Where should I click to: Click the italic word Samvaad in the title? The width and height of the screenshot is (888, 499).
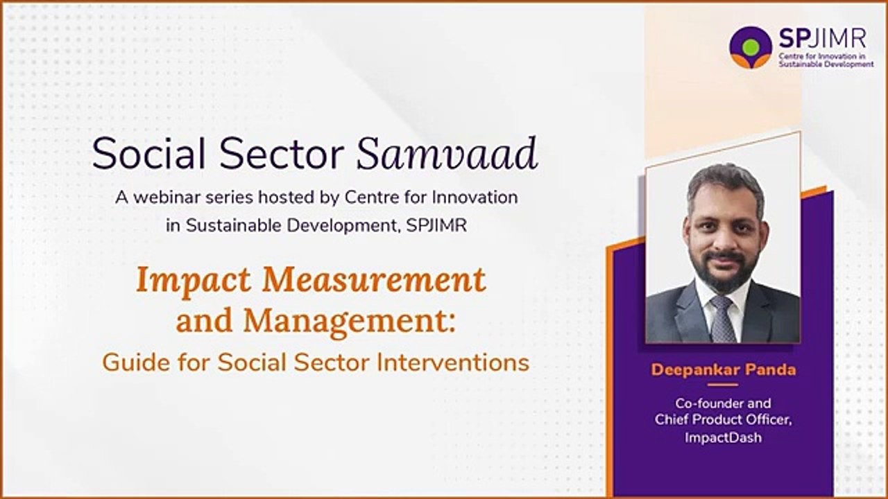tap(447, 154)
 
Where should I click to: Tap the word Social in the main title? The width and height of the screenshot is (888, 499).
tap(148, 154)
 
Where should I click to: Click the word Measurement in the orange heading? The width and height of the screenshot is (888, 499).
tap(374, 279)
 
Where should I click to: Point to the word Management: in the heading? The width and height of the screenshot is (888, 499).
tap(349, 323)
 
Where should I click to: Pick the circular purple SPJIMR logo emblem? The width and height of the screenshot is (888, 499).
tap(751, 48)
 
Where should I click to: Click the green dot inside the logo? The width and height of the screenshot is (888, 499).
tap(751, 46)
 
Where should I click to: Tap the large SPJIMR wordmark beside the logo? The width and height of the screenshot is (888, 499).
tap(823, 39)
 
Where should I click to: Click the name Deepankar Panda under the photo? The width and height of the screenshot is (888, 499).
tap(724, 370)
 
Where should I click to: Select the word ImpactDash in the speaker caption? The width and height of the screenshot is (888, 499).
tap(723, 437)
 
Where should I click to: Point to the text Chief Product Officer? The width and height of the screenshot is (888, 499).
tap(723, 419)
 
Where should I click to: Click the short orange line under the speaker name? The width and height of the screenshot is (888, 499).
tap(723, 385)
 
